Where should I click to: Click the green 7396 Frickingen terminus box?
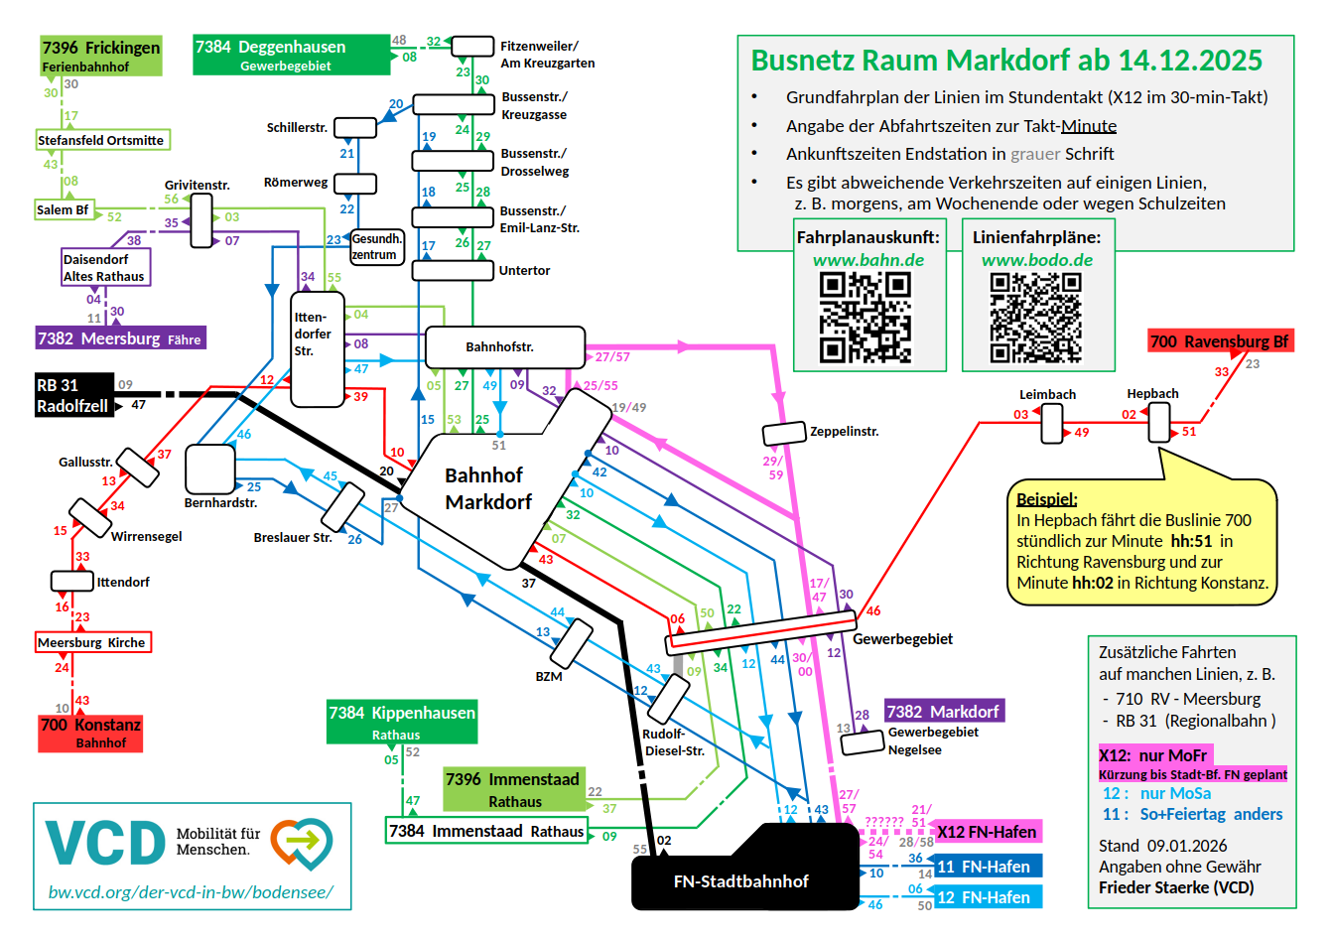coord(100,57)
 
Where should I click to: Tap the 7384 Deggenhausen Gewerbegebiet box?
coord(292,56)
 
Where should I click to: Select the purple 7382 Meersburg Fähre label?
coord(120,338)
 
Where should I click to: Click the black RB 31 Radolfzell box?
coord(73,395)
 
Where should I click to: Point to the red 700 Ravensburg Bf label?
coord(1219,341)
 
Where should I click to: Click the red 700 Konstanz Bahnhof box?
coord(90,733)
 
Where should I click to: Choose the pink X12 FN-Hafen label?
coord(987,832)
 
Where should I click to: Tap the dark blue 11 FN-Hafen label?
coord(987,867)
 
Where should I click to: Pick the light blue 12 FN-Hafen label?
coord(987,897)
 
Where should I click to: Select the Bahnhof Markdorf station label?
coord(487,488)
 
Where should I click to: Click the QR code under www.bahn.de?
coord(865,318)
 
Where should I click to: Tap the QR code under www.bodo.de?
coord(1035,318)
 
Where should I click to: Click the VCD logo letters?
coord(105,844)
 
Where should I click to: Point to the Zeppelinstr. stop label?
coord(844,432)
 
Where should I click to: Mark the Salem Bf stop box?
coord(63,209)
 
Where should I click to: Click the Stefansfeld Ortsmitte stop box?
coord(101,140)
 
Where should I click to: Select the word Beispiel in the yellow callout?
coord(1046,499)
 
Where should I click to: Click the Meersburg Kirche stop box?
coord(92,642)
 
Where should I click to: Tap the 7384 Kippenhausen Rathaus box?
coord(402,723)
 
